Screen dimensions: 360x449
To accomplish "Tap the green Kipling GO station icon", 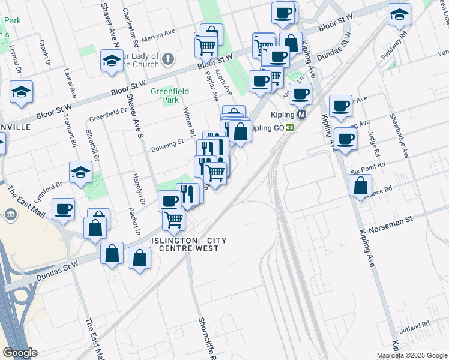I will tap(290, 127).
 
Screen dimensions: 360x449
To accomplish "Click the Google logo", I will tap(20, 353).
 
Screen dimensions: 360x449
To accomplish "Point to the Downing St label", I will tap(167, 145).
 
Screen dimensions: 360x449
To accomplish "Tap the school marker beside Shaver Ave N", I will tap(112, 61).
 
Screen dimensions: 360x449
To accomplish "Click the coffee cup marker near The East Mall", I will tap(63, 209).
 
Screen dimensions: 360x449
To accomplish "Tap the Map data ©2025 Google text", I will tap(411, 355).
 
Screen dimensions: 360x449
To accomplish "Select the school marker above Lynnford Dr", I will tap(80, 172).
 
